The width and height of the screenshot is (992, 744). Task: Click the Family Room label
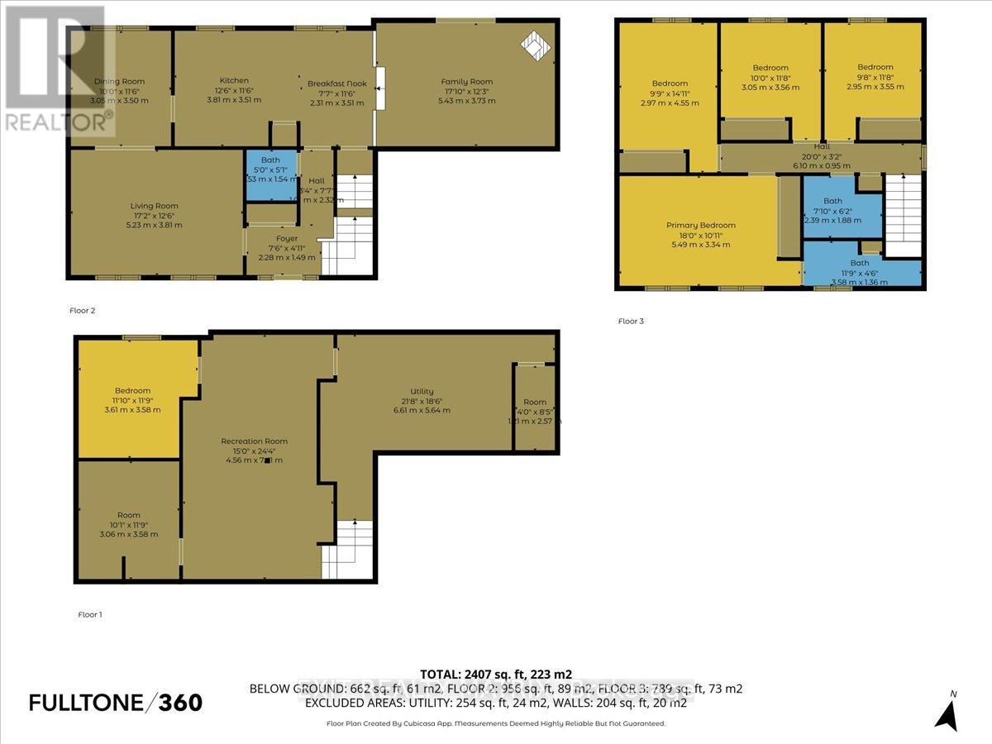coord(467,82)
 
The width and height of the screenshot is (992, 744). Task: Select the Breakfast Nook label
coord(336,84)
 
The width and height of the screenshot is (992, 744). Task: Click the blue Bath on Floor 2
coord(269,174)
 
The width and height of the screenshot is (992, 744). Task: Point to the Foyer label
coord(287,238)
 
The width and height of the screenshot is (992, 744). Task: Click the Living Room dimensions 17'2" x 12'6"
coord(154,215)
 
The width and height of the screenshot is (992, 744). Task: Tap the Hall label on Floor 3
coord(821,146)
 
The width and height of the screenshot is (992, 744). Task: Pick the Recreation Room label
coord(254,441)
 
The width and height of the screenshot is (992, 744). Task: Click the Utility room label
coord(422,391)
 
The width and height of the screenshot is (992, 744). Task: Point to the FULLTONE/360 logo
coord(115,703)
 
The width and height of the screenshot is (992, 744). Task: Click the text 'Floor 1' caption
coord(89,614)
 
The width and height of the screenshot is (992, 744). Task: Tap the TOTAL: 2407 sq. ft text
coord(496,674)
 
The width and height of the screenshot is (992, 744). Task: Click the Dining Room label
coord(119,81)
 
